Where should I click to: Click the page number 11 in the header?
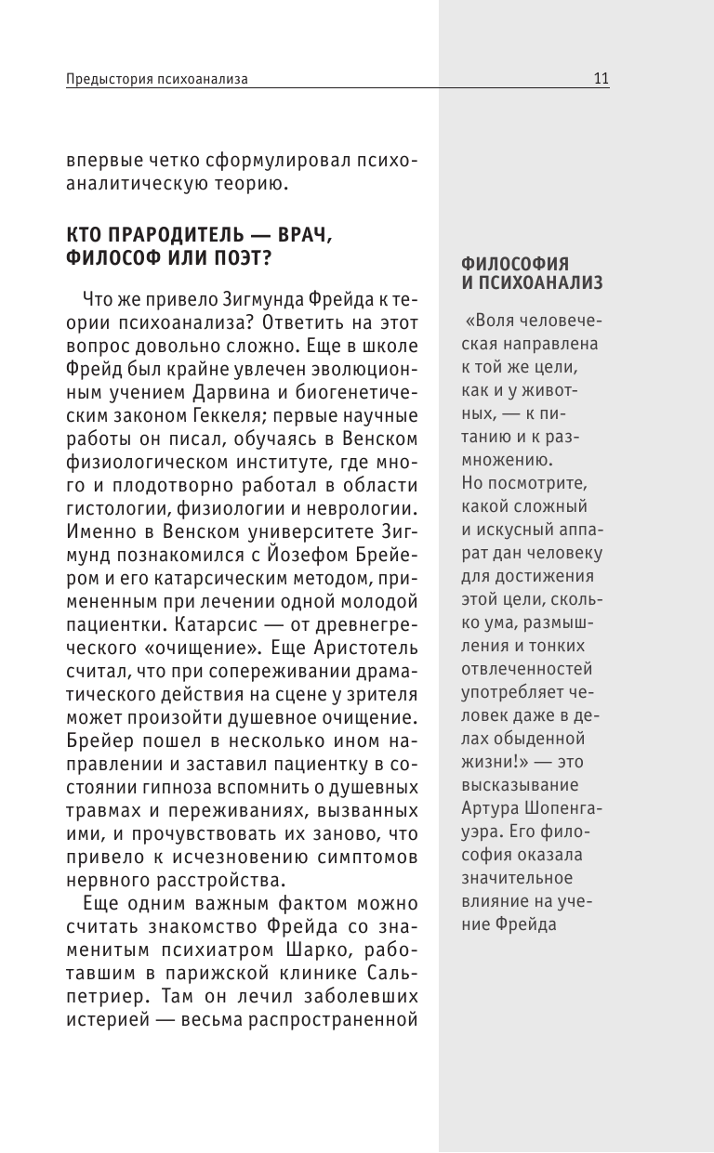tap(601, 80)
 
